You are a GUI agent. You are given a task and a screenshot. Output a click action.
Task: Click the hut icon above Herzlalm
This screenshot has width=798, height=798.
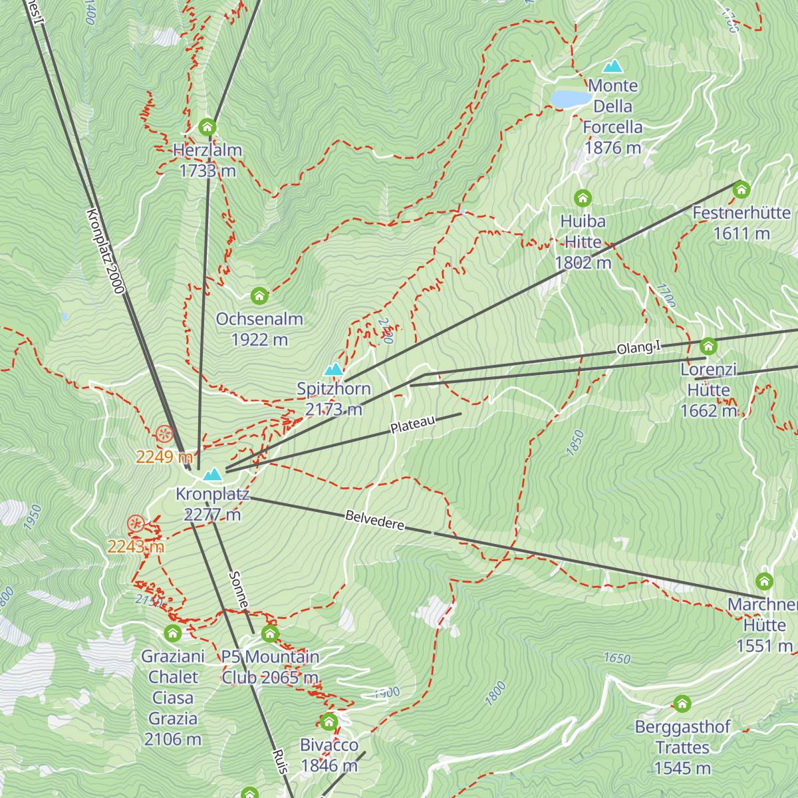click(x=207, y=127)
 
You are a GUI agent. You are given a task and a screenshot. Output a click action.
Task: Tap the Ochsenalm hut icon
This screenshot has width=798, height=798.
click(x=259, y=295)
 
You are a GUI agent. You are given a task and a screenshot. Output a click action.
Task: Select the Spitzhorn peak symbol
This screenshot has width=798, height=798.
click(x=333, y=369)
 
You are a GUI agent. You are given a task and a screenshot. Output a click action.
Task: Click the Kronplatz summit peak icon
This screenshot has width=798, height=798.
click(x=213, y=474)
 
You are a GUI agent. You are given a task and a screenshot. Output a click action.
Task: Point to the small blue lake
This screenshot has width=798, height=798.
click(x=571, y=99)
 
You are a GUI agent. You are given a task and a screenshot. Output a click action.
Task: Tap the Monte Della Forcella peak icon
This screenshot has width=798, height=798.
click(x=612, y=66)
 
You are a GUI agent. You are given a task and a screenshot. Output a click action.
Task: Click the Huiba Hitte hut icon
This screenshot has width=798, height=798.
click(x=583, y=198)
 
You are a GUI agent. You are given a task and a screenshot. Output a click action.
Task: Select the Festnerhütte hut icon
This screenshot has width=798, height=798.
click(x=741, y=190)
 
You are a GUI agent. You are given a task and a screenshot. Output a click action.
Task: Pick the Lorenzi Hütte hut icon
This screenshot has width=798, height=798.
click(x=709, y=346)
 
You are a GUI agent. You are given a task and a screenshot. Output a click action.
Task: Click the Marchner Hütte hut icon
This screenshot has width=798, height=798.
click(x=765, y=581)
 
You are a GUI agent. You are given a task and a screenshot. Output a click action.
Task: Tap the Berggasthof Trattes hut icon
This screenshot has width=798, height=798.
click(x=682, y=704)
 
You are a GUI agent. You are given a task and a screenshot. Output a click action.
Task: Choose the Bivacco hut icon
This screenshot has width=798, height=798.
click(x=329, y=722)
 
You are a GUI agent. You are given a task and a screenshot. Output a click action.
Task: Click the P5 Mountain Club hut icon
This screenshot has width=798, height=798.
click(x=270, y=634)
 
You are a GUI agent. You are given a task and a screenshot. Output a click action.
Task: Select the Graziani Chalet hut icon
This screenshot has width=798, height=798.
click(x=173, y=633)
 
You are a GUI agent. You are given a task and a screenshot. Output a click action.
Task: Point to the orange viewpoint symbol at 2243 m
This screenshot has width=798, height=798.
click(x=136, y=524)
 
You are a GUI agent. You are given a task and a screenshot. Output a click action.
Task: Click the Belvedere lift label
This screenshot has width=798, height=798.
click(x=375, y=521)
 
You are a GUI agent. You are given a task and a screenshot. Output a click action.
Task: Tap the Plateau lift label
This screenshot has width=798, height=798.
click(x=412, y=424)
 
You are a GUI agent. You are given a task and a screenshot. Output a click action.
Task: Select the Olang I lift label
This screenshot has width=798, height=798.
click(x=638, y=348)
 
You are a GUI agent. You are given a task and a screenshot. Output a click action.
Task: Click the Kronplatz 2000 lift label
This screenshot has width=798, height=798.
click(x=105, y=251)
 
